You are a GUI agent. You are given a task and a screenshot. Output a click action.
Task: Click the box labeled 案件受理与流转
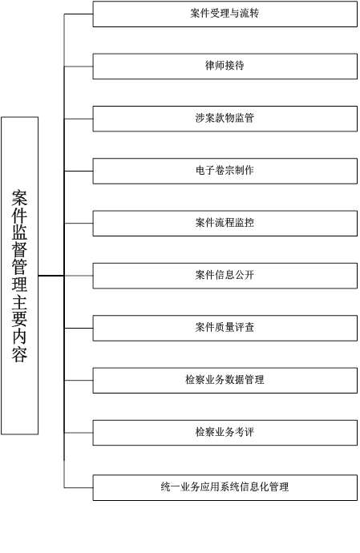(224, 14)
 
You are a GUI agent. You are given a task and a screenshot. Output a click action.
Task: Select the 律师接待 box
(224, 67)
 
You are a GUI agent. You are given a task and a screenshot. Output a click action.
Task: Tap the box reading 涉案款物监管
(224, 119)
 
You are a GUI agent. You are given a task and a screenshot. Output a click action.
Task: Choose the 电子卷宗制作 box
(224, 171)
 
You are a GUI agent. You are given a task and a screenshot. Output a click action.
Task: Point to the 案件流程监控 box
(224, 224)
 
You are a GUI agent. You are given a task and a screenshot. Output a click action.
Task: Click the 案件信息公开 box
(224, 276)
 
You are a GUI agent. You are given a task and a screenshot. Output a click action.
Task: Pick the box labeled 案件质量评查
(224, 328)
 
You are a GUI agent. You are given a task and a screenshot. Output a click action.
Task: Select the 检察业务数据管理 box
(224, 380)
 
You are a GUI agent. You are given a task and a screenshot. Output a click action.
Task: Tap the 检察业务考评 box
(224, 433)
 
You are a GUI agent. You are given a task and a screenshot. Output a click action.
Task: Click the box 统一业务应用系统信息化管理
(224, 488)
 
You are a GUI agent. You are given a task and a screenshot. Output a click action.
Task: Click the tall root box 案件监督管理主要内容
(20, 276)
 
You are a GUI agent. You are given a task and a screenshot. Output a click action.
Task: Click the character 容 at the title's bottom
(19, 354)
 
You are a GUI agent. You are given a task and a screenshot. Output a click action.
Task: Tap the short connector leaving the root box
(51, 276)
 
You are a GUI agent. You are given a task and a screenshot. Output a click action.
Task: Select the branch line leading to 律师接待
(79, 67)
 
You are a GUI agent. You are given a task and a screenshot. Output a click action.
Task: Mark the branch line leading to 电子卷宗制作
(79, 171)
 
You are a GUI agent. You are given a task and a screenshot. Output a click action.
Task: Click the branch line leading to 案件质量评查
(79, 328)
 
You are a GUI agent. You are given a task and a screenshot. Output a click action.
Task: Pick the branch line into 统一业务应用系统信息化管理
(79, 488)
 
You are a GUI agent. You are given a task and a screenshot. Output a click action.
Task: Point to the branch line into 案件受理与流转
(79, 14)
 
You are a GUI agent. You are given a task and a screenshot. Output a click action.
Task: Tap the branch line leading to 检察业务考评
(79, 433)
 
